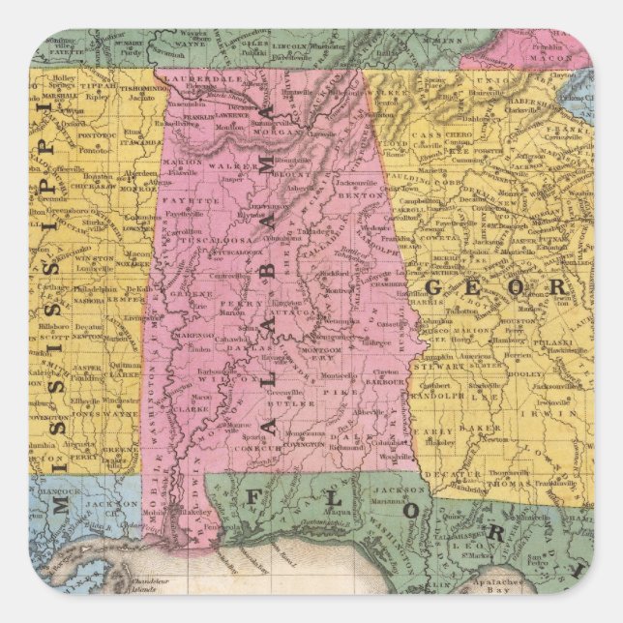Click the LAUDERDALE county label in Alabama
(x=193, y=78)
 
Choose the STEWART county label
(x=438, y=367)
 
